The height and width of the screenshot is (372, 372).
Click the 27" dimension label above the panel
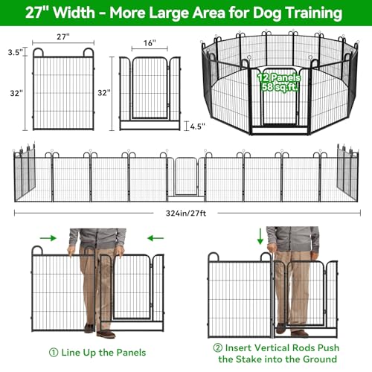coord(63,36)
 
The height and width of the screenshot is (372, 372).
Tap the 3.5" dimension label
coord(16,52)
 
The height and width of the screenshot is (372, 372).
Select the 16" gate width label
coord(150,43)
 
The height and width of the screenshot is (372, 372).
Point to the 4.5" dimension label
coord(198,126)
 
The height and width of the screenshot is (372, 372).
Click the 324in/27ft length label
coord(186,213)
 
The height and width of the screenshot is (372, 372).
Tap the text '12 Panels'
coord(278,78)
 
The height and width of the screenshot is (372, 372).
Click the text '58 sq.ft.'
coord(280,87)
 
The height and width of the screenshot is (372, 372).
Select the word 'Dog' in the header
coord(267,13)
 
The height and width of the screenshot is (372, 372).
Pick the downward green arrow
coord(260,237)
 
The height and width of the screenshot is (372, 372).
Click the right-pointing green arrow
coord(48,238)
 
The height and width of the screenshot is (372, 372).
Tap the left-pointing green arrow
coord(155,238)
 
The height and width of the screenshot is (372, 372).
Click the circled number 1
coord(54,353)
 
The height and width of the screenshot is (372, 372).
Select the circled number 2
coord(218,347)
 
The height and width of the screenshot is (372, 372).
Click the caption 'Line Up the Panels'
coord(103,353)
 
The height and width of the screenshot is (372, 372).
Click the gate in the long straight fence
coord(186,177)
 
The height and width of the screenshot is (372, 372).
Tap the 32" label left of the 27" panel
coord(16,93)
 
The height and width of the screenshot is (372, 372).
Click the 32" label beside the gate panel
coord(104,93)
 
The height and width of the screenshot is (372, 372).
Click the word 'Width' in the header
coord(74,13)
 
